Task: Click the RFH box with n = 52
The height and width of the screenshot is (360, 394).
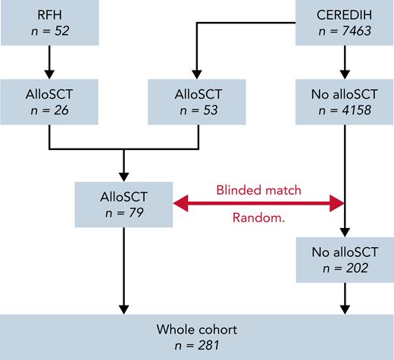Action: tap(48, 23)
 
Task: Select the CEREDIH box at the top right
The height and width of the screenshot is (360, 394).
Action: tap(345, 23)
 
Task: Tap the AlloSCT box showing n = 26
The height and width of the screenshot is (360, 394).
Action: tap(48, 101)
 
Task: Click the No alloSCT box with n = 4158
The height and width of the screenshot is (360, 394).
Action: tap(345, 101)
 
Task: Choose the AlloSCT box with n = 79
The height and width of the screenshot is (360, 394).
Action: tap(123, 202)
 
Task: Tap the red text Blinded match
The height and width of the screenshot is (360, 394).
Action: tap(259, 190)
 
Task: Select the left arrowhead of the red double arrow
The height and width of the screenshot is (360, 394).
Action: tap(180, 203)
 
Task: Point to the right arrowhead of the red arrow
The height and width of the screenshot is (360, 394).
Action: tap(337, 203)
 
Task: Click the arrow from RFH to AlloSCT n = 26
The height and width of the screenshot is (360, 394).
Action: tap(48, 61)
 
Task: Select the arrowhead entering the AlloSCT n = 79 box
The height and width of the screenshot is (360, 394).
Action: tap(123, 175)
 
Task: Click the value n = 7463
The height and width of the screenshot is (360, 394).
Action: tap(345, 30)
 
